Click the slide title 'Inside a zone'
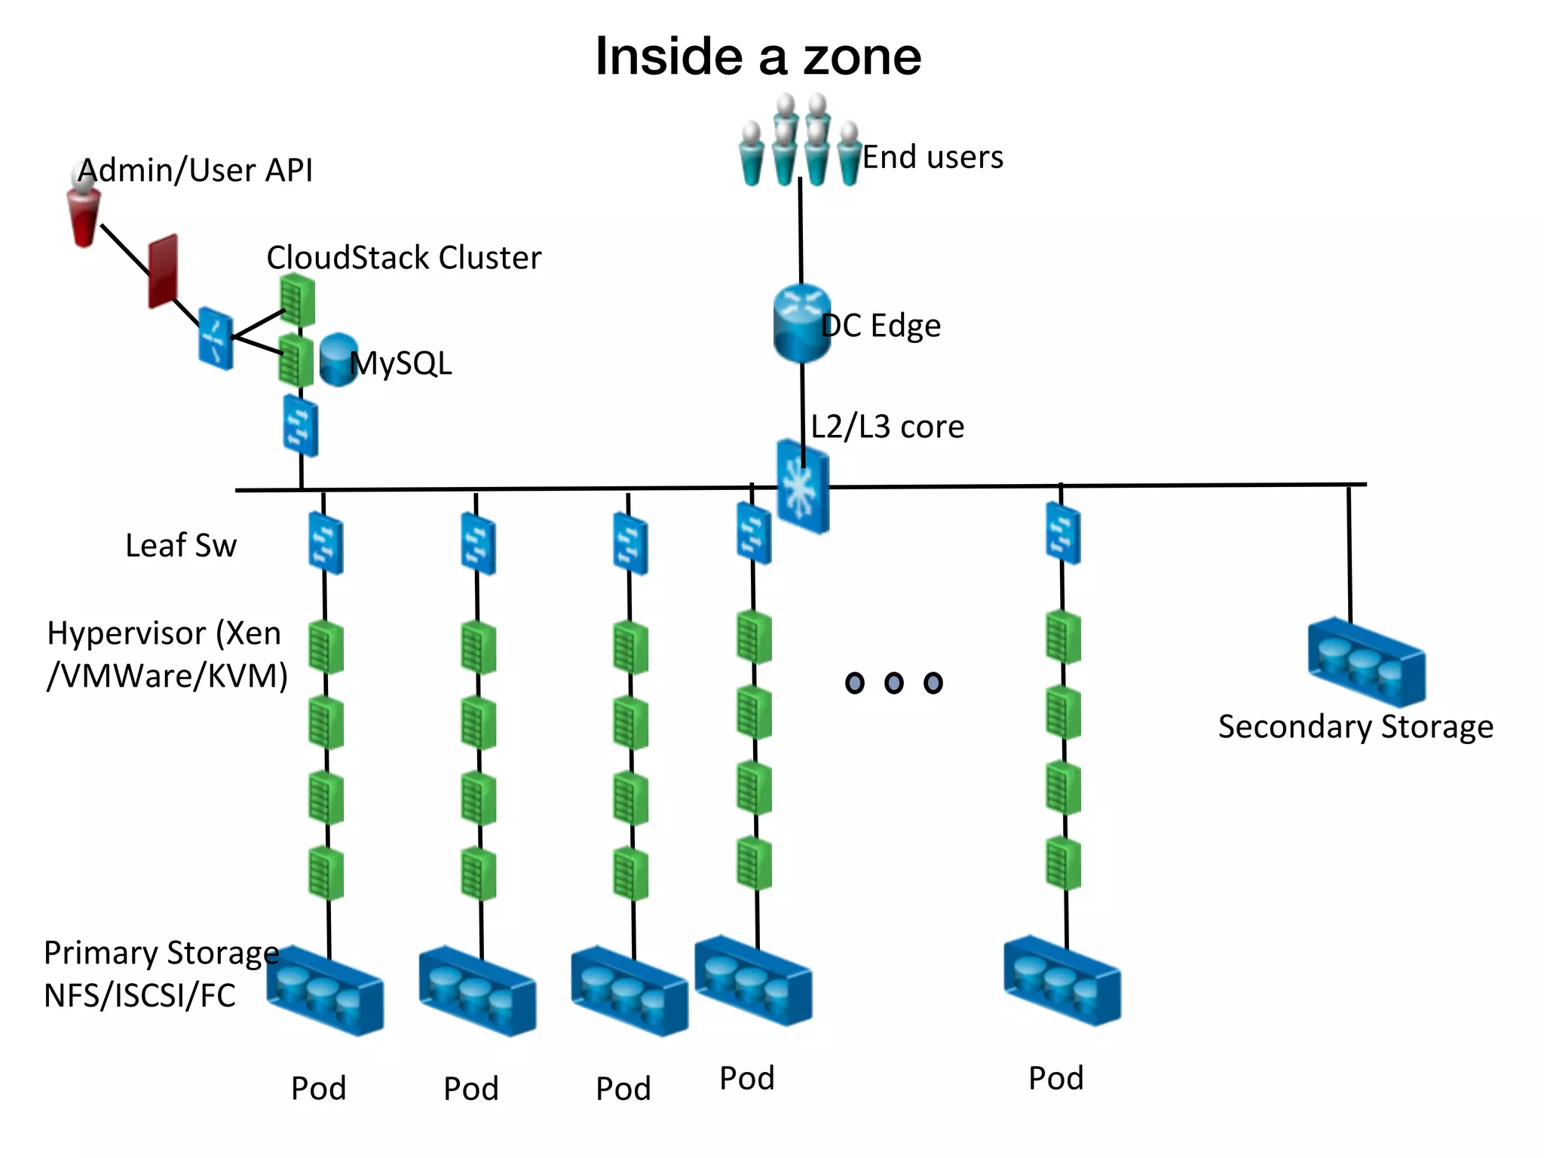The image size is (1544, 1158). pos(758,57)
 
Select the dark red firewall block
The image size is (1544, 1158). pos(163,271)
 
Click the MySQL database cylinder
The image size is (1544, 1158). pos(338,360)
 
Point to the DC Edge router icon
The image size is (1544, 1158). pos(801,323)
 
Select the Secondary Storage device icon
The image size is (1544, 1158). pos(1366,661)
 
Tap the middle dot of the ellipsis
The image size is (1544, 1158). pos(894,683)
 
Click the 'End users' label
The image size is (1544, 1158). pos(933,158)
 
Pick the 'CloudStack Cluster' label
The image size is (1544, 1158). pos(403,258)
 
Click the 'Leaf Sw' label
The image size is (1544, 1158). pos(181,545)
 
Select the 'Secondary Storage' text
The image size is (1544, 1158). pos(1356,727)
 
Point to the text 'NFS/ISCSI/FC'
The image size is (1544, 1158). pos(139,996)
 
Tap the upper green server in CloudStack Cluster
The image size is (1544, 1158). pos(297,299)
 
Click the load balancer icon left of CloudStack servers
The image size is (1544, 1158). pos(216,338)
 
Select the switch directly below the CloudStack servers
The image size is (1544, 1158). pos(301,426)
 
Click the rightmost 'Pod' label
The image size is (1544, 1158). pos(1055,1078)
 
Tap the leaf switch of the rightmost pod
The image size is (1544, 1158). pos(1063,534)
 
